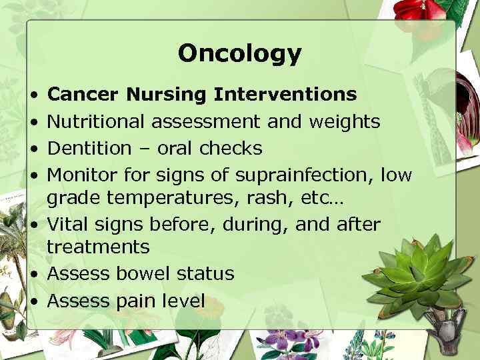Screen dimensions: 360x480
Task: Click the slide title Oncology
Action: point(239,53)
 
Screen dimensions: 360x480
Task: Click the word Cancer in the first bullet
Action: point(83,95)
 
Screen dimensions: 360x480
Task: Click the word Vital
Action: point(69,225)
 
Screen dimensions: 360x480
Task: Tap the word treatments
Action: point(98,247)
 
